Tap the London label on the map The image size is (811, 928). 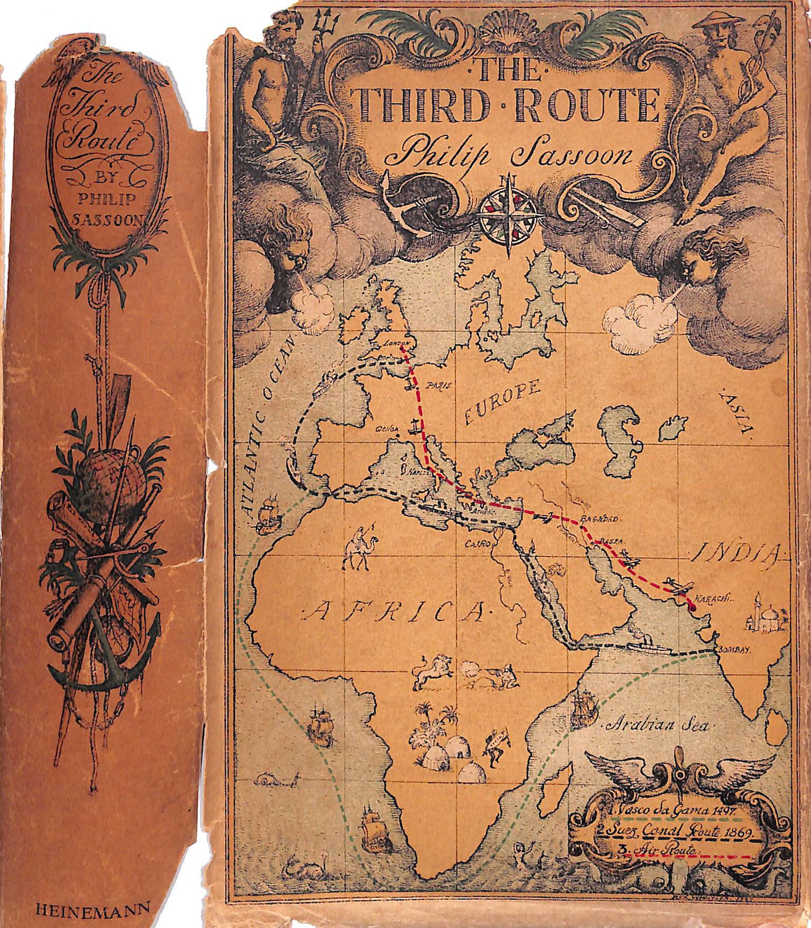(392, 343)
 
